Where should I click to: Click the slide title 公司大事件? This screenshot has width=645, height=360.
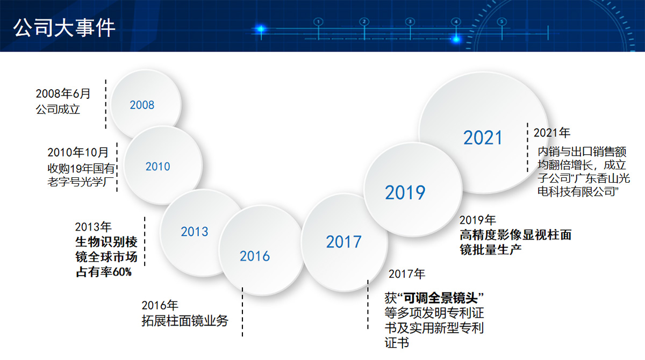pos(64,28)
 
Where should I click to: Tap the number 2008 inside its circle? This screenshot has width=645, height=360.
pos(142,105)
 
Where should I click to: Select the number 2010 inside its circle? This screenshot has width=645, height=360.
pos(158,167)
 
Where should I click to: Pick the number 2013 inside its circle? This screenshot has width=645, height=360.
pos(195,232)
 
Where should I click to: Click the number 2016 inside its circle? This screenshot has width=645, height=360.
pos(255,256)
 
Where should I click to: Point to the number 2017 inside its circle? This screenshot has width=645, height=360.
pos(343,242)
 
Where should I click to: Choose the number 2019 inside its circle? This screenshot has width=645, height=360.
pos(405,192)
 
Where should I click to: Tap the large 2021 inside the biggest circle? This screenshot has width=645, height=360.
pos(483,138)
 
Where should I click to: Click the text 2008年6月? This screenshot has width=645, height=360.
pos(63,93)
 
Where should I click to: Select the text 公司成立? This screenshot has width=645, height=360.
pos(58,110)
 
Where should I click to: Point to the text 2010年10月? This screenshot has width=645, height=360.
pos(78,152)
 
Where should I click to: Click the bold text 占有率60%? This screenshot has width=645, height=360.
pos(104,272)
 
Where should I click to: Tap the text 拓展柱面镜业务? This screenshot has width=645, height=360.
pos(185,321)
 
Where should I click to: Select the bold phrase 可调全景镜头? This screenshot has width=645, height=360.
pos(440,298)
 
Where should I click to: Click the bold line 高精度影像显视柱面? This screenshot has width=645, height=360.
pos(515,235)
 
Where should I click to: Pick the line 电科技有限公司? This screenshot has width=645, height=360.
pos(578,192)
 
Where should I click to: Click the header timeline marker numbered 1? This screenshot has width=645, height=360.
pos(318,22)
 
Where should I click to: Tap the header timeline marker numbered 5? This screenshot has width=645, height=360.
pos(502,21)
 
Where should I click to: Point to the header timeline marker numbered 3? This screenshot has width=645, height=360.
pos(410,21)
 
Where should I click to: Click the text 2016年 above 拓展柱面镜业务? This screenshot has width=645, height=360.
pos(160,305)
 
